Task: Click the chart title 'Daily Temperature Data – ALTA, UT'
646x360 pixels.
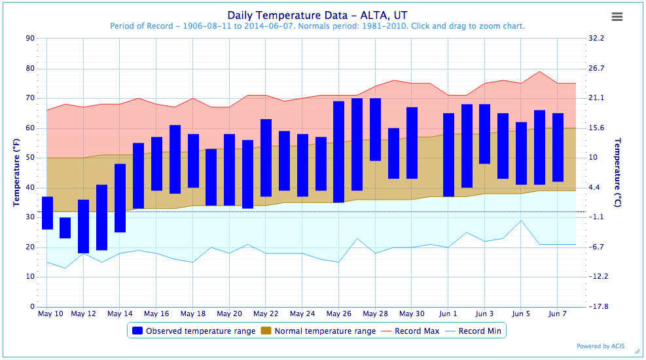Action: tap(317, 15)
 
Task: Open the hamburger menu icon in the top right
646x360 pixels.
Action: tap(617, 16)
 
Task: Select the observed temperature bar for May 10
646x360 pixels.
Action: tap(47, 213)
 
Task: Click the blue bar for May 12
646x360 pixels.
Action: tap(84, 226)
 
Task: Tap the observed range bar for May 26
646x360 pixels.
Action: tap(338, 152)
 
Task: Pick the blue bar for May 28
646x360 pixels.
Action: tap(375, 130)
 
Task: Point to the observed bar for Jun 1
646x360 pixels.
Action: tap(448, 155)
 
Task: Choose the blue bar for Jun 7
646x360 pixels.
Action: tap(558, 147)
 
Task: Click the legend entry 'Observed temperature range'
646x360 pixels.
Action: tap(194, 331)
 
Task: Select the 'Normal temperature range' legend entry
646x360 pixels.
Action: tap(319, 331)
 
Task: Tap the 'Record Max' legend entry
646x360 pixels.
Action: tap(410, 331)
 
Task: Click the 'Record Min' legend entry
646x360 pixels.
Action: tap(473, 331)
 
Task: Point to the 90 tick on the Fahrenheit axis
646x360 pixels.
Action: tap(30, 39)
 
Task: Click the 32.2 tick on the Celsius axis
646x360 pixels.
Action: tap(596, 38)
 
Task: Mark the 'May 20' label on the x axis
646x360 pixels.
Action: tap(230, 314)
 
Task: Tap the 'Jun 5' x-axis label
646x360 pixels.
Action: tap(521, 314)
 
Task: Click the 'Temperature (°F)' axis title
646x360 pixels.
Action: tap(16, 173)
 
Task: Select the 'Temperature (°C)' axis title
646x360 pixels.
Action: tap(617, 173)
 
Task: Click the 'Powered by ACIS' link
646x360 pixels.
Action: tap(600, 346)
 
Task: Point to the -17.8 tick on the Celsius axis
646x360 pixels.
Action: tap(598, 306)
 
